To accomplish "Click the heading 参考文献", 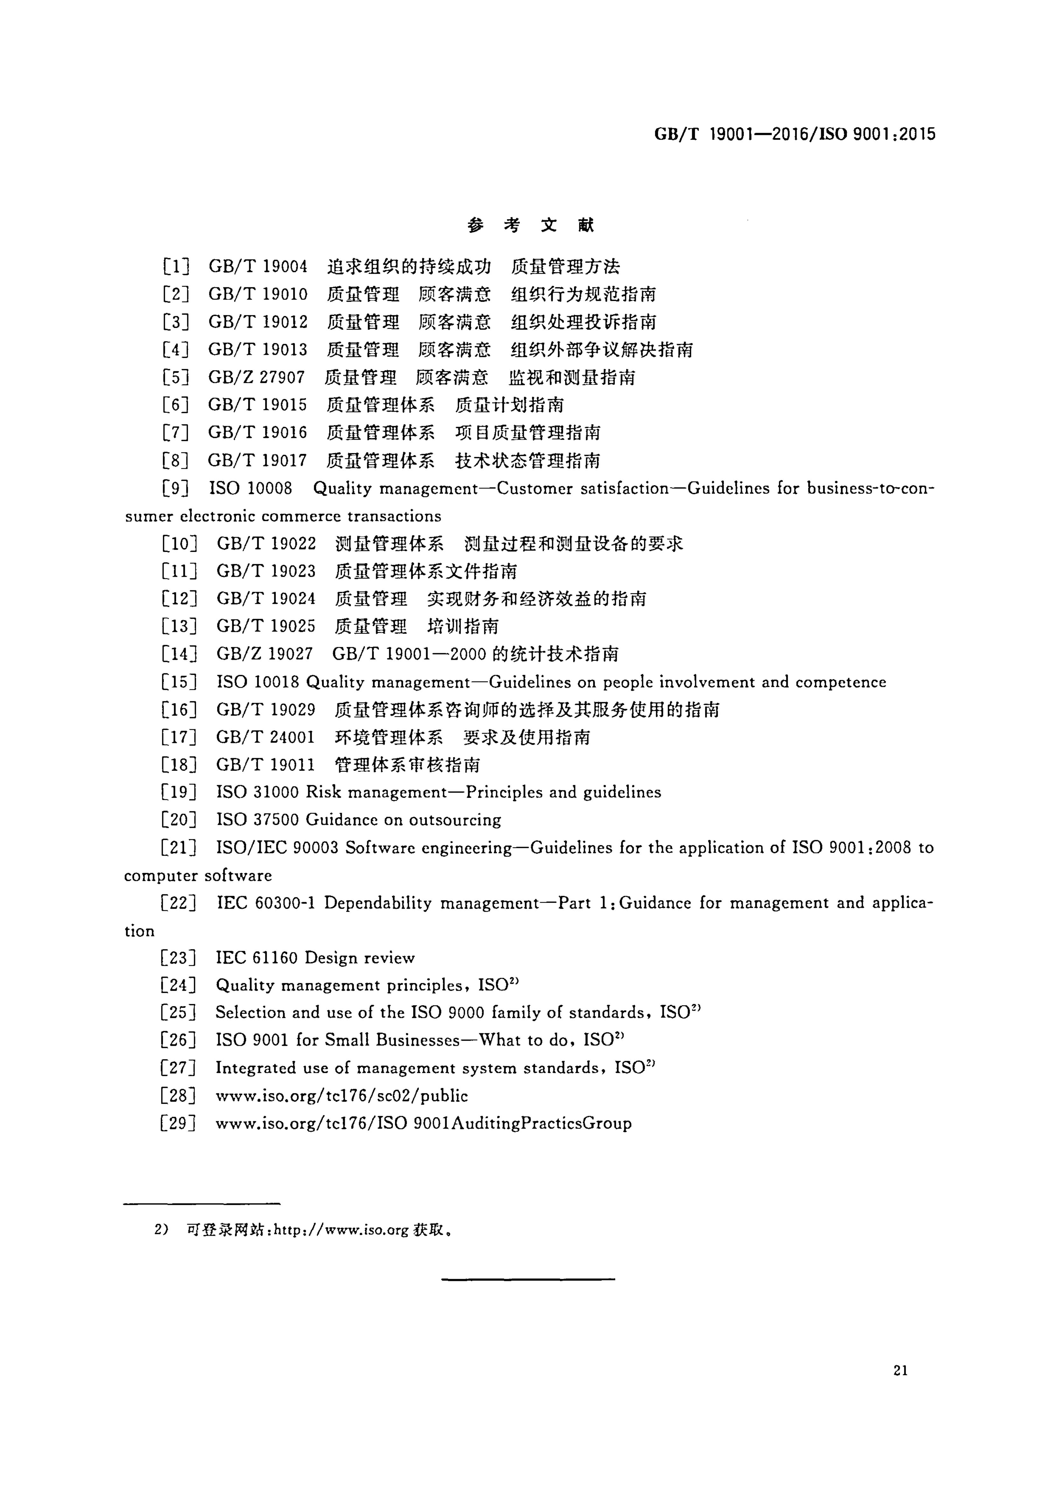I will (x=530, y=226).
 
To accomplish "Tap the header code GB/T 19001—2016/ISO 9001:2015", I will (x=794, y=134).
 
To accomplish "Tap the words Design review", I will (x=359, y=958).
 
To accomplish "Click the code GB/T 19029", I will (x=265, y=709).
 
